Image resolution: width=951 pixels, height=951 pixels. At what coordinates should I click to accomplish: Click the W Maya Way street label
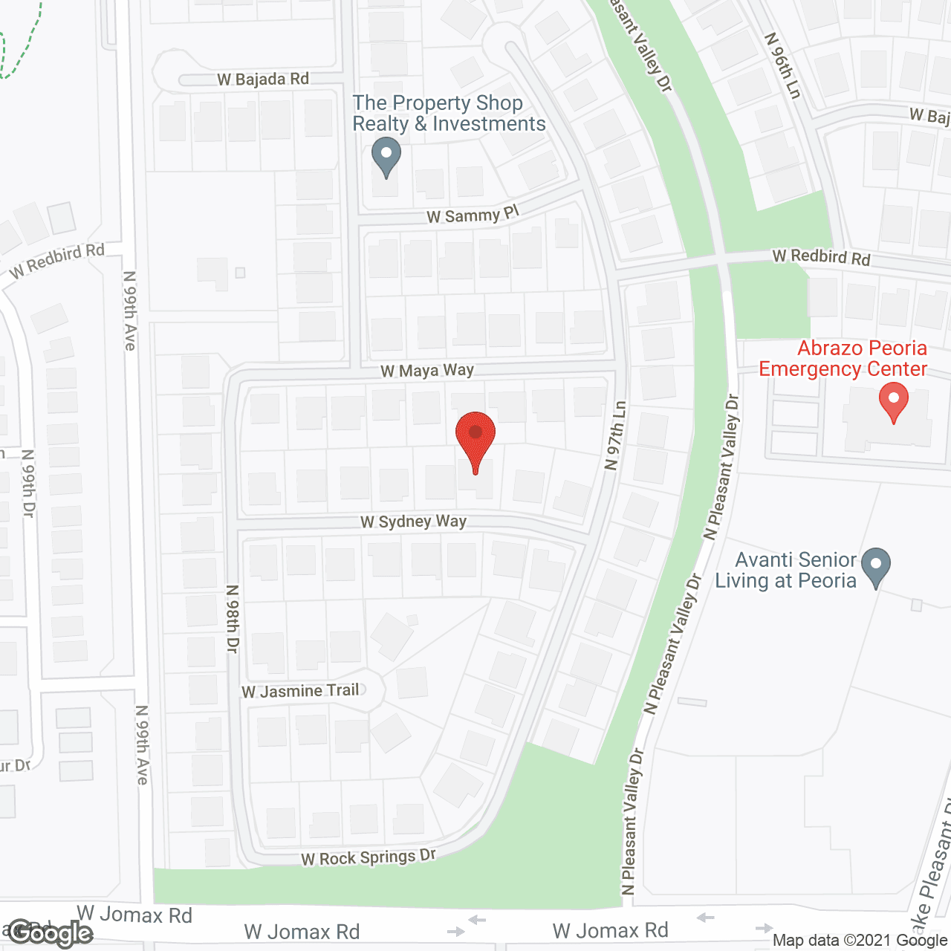tap(427, 370)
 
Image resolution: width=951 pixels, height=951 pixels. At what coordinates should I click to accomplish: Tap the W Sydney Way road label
tap(413, 522)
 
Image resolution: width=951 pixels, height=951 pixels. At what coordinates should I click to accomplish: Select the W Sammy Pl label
tap(473, 215)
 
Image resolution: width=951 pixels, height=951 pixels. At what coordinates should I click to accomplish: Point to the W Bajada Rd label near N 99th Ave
tap(263, 79)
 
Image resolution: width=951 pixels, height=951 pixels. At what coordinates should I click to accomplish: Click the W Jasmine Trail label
tap(300, 691)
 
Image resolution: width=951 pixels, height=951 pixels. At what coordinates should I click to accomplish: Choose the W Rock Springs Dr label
tap(369, 857)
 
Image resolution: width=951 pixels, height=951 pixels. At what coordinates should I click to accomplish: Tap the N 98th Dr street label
tap(233, 619)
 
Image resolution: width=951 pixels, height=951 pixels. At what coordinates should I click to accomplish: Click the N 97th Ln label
tap(616, 436)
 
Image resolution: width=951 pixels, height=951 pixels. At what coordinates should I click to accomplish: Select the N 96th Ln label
tap(783, 65)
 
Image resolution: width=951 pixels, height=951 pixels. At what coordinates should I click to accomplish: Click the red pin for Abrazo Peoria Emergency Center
tap(894, 402)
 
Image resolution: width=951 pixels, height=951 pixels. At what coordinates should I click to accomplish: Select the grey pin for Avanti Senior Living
tap(876, 567)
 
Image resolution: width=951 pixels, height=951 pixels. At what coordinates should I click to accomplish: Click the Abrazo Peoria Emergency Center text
tap(843, 359)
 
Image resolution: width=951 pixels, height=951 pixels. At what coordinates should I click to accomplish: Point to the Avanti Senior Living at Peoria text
tap(786, 570)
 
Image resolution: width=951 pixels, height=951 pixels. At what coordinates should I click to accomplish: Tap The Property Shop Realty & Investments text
tap(449, 113)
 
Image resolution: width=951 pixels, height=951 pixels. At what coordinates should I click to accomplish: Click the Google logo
tap(51, 934)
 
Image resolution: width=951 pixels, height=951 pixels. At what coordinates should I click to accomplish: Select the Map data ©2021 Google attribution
tap(860, 940)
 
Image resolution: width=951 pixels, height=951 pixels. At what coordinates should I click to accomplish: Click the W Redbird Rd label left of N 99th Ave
tap(57, 261)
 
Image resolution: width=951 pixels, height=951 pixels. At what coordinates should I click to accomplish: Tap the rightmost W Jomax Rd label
tap(611, 930)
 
